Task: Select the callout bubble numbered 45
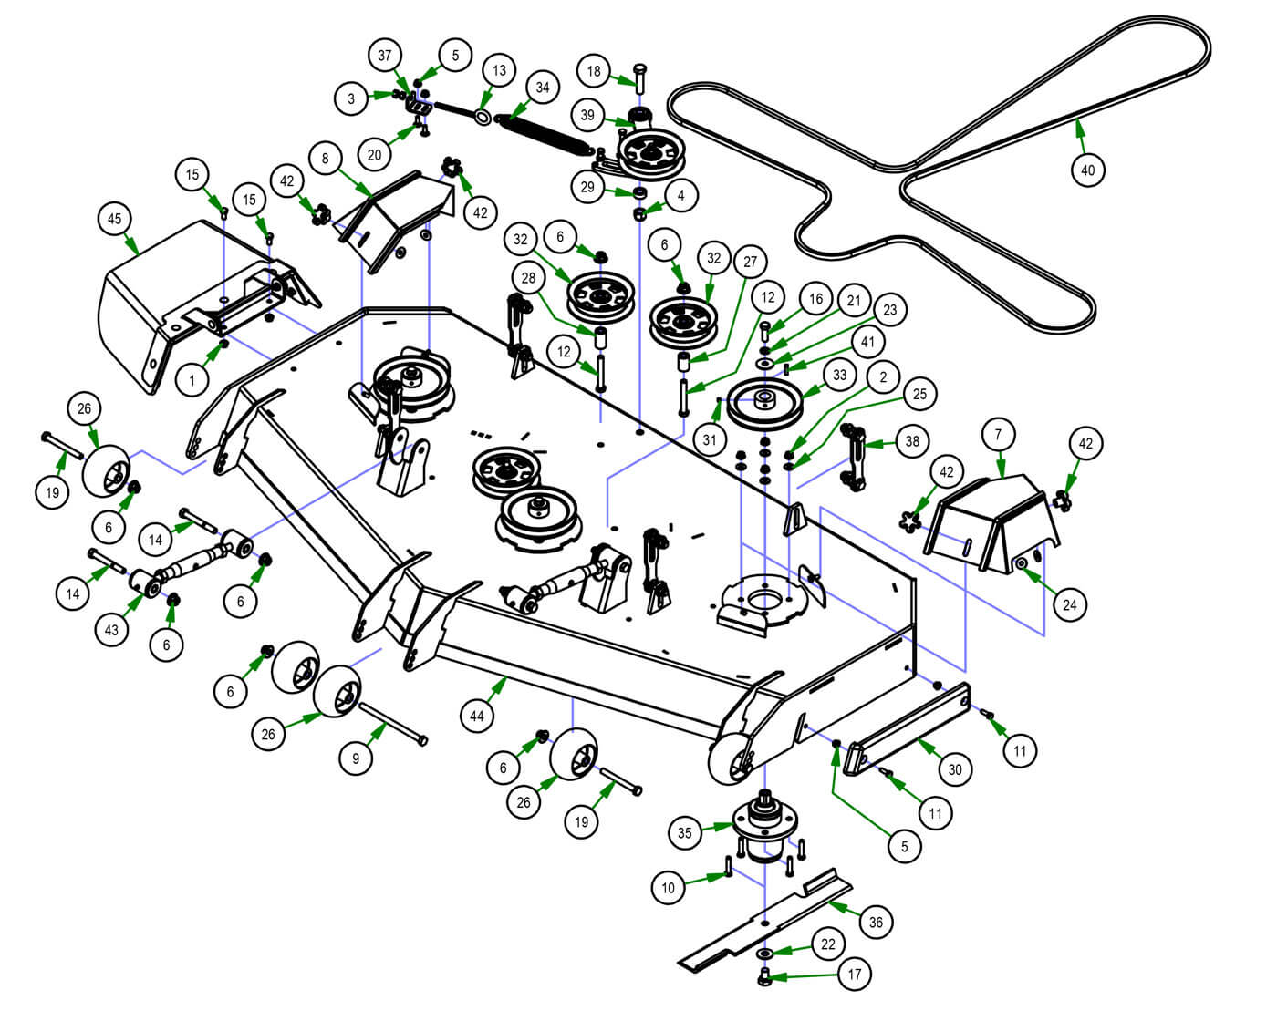coord(115,219)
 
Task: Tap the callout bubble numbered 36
coord(876,922)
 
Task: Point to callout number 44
coord(477,717)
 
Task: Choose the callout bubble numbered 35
coord(684,831)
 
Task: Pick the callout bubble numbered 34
coord(543,88)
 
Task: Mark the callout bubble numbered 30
coord(954,769)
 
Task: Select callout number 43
coord(111,630)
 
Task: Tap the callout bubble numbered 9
coord(356,758)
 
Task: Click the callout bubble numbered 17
coord(855,974)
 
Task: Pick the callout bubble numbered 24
coord(1070,604)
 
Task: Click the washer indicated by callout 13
coord(482,117)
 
